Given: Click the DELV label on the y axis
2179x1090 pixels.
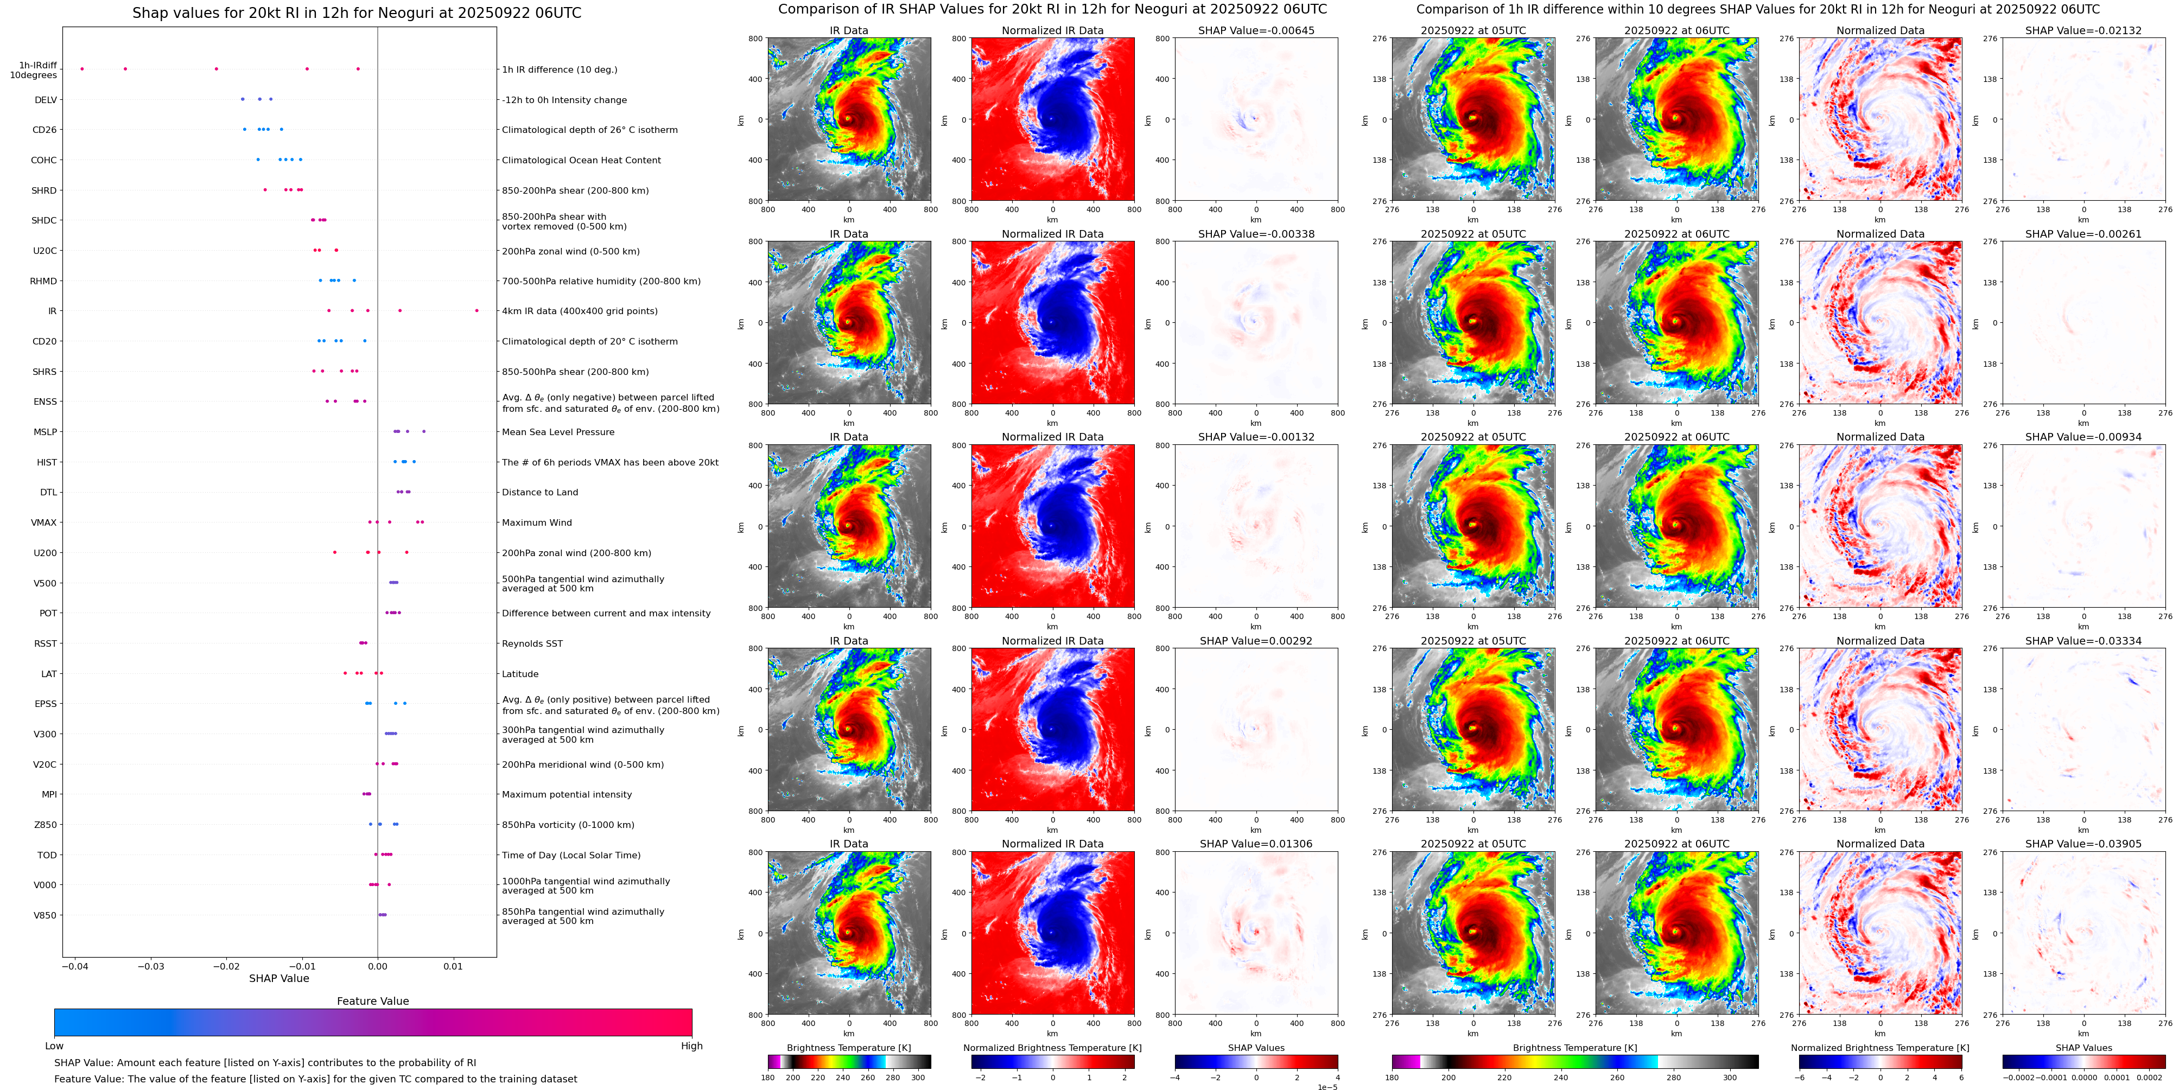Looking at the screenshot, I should (x=46, y=100).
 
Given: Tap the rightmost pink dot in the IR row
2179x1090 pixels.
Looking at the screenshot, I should (x=477, y=310).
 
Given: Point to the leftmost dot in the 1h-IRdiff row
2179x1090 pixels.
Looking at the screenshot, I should (x=82, y=68).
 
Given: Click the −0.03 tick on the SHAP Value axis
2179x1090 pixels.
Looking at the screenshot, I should (x=151, y=966).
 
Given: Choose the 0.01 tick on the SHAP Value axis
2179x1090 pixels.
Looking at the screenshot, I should (x=453, y=966).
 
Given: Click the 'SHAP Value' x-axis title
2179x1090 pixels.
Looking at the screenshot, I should (x=278, y=978).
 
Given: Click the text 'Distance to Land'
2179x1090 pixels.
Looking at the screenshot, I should (x=539, y=492).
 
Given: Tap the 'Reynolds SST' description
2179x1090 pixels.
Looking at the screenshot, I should (x=532, y=643).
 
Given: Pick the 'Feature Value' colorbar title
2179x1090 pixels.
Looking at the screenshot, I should (x=372, y=1001).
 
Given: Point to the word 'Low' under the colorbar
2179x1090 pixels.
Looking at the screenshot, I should (x=54, y=1046).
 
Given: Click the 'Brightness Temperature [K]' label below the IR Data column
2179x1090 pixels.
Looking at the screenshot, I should (x=848, y=1048).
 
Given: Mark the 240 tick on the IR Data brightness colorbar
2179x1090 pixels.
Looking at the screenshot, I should (x=842, y=1078).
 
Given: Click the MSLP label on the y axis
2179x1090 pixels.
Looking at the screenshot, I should (x=45, y=432).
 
